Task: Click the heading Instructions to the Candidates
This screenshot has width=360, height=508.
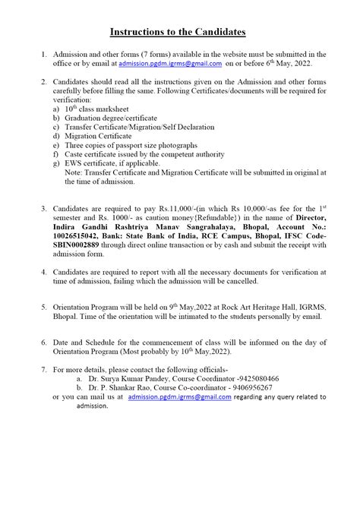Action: pyautogui.click(x=178, y=33)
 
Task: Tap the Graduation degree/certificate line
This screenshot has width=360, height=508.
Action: pyautogui.click(x=110, y=118)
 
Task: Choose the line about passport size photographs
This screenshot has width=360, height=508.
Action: pyautogui.click(x=131, y=144)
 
